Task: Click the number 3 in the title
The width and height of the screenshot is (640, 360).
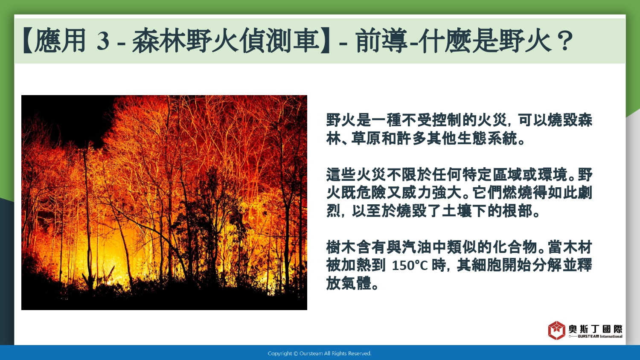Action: click(103, 41)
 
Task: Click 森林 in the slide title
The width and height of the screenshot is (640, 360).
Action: click(159, 41)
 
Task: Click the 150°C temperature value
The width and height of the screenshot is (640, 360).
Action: click(410, 266)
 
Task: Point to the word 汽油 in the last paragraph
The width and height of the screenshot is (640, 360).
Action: click(417, 247)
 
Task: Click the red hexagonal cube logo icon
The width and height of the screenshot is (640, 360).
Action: click(556, 330)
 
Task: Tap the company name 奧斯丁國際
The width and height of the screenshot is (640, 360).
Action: click(596, 329)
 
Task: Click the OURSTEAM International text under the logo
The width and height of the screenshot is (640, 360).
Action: click(600, 336)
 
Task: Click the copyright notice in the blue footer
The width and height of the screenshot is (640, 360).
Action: click(320, 354)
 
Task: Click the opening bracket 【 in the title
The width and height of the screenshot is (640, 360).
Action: click(28, 41)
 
